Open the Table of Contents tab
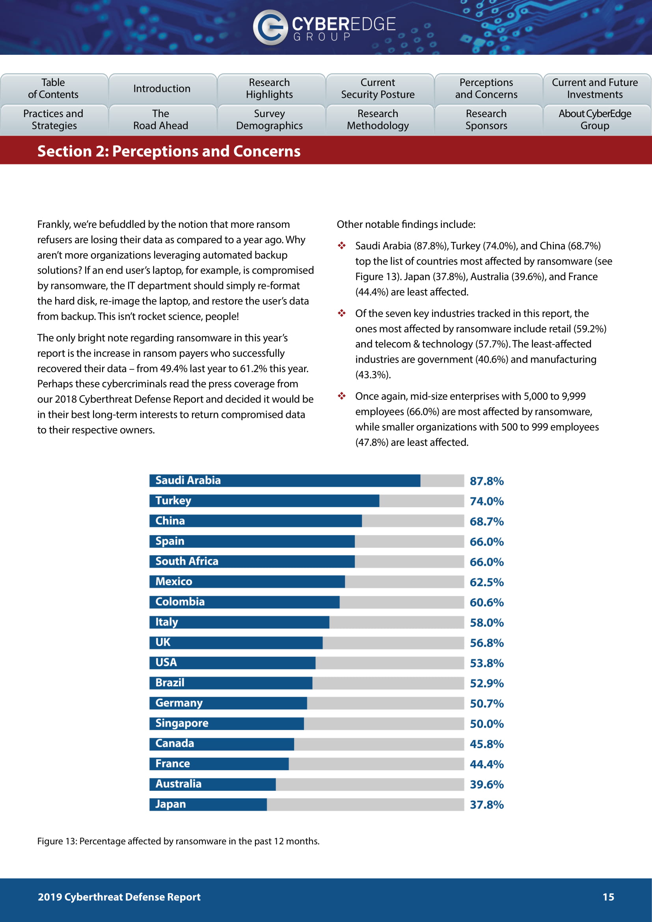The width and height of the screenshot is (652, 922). coord(53,88)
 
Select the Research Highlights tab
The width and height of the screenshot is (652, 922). coord(269,88)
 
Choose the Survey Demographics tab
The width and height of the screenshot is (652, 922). coord(269,120)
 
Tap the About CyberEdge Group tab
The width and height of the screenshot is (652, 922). coord(594,120)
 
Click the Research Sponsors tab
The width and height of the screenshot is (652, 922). coord(486,120)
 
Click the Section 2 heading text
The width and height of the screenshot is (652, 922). coord(169,151)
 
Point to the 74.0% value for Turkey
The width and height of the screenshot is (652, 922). coord(486,501)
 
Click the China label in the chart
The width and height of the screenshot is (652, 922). coord(170,521)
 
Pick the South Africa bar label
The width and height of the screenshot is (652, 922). coord(187,561)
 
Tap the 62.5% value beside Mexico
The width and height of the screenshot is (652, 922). coord(486,582)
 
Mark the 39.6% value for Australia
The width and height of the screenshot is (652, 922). coord(486,784)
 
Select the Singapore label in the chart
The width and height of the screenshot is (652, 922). coord(182,723)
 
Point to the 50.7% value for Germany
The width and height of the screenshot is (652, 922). coord(486,704)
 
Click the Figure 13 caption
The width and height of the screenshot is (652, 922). coord(178,841)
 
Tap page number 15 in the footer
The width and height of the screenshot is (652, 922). coord(608,897)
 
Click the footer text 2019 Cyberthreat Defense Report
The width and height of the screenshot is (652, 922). coord(119,897)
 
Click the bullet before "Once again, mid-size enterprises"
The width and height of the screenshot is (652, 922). coord(342,396)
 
